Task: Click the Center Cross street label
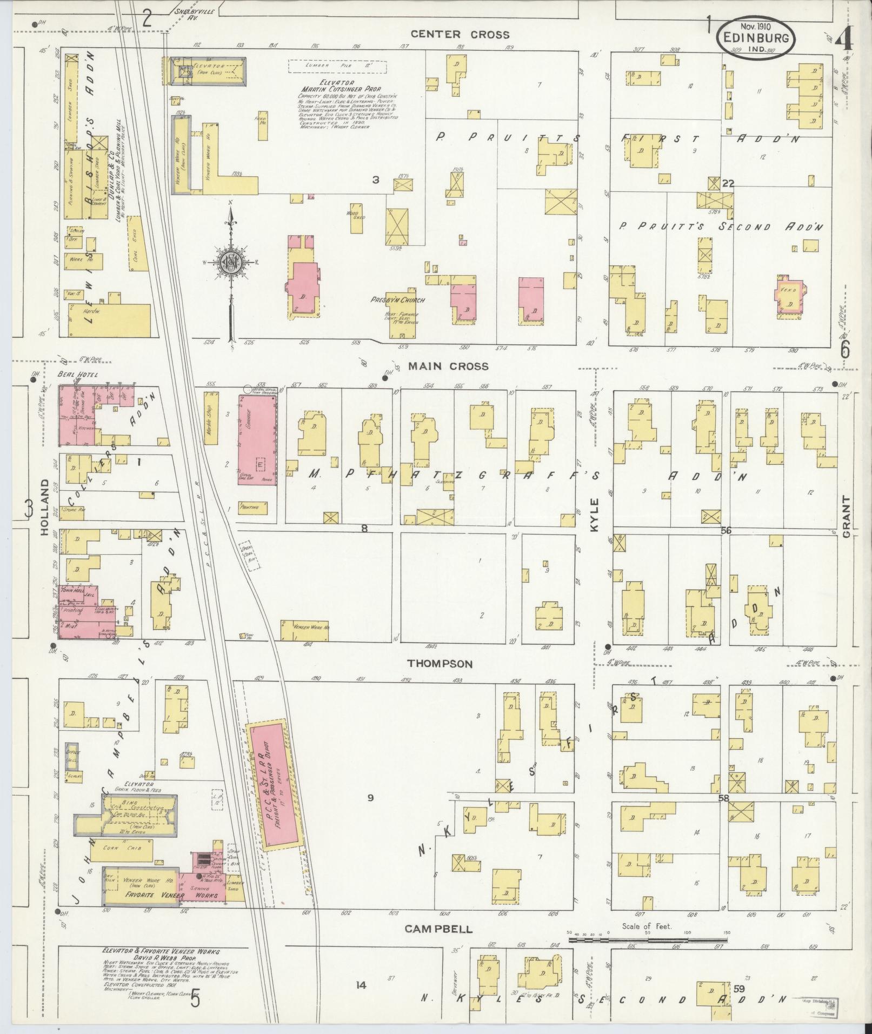[x=460, y=35]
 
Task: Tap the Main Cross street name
[x=448, y=366]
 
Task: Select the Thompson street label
[x=440, y=664]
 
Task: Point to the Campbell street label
[x=439, y=930]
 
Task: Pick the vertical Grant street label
[x=846, y=516]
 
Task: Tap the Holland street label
[x=44, y=507]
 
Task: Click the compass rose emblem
[x=231, y=264]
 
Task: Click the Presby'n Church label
[x=397, y=300]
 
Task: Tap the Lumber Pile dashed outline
[x=337, y=65]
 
